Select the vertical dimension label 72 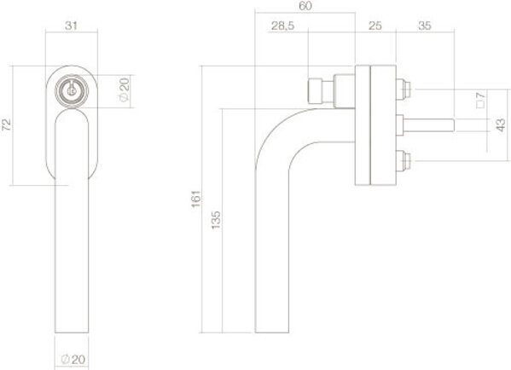click(x=8, y=124)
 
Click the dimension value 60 click(x=305, y=7)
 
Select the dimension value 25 click(x=375, y=27)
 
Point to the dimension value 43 click(x=500, y=125)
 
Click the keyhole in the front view click(x=71, y=90)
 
